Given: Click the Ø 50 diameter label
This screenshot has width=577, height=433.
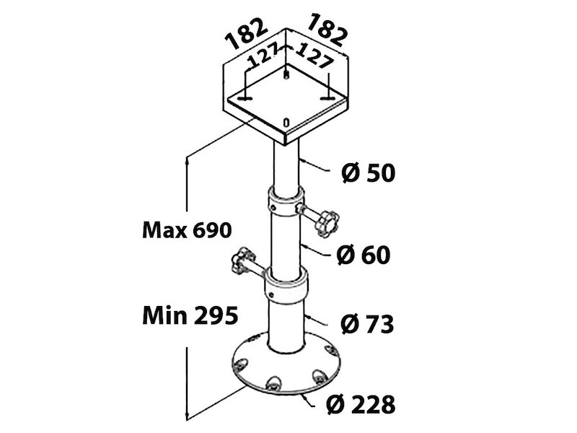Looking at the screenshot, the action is click(368, 173).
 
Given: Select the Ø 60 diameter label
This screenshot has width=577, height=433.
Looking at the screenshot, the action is click(364, 255).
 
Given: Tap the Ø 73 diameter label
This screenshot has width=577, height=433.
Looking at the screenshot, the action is click(367, 324).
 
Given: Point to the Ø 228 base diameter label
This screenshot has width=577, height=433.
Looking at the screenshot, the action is click(361, 404).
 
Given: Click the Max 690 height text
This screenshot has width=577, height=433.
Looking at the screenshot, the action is click(187, 230).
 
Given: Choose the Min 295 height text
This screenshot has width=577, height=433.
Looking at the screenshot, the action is click(190, 315).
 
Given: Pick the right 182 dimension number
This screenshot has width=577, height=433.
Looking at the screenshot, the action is click(327, 30).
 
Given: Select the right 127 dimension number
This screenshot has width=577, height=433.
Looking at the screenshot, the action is click(314, 56).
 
